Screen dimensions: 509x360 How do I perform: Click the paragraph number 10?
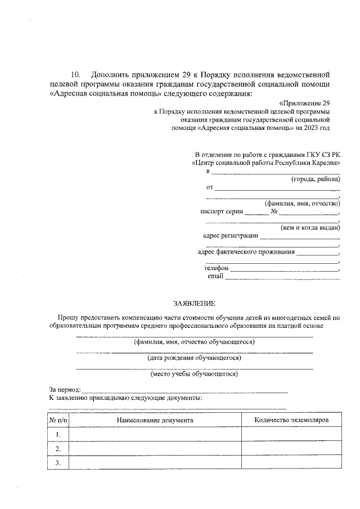[76, 75]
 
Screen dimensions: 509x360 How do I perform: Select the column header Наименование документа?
[155, 420]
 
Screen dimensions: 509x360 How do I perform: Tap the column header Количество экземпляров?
[291, 420]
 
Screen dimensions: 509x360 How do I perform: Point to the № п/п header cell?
[58, 420]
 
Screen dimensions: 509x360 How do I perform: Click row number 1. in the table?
[58, 434]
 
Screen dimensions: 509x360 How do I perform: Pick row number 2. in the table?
[58, 448]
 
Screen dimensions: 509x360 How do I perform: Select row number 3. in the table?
[58, 462]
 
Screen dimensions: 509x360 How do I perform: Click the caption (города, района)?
[315, 179]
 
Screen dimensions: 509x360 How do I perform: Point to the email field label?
[215, 276]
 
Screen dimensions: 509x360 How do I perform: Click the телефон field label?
[216, 268]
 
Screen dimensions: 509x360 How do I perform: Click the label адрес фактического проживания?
[246, 252]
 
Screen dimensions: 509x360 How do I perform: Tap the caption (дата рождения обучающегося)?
[194, 358]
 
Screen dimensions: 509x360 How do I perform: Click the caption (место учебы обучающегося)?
[194, 373]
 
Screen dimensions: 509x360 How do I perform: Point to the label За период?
[65, 389]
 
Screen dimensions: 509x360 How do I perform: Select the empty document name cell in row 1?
[155, 434]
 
